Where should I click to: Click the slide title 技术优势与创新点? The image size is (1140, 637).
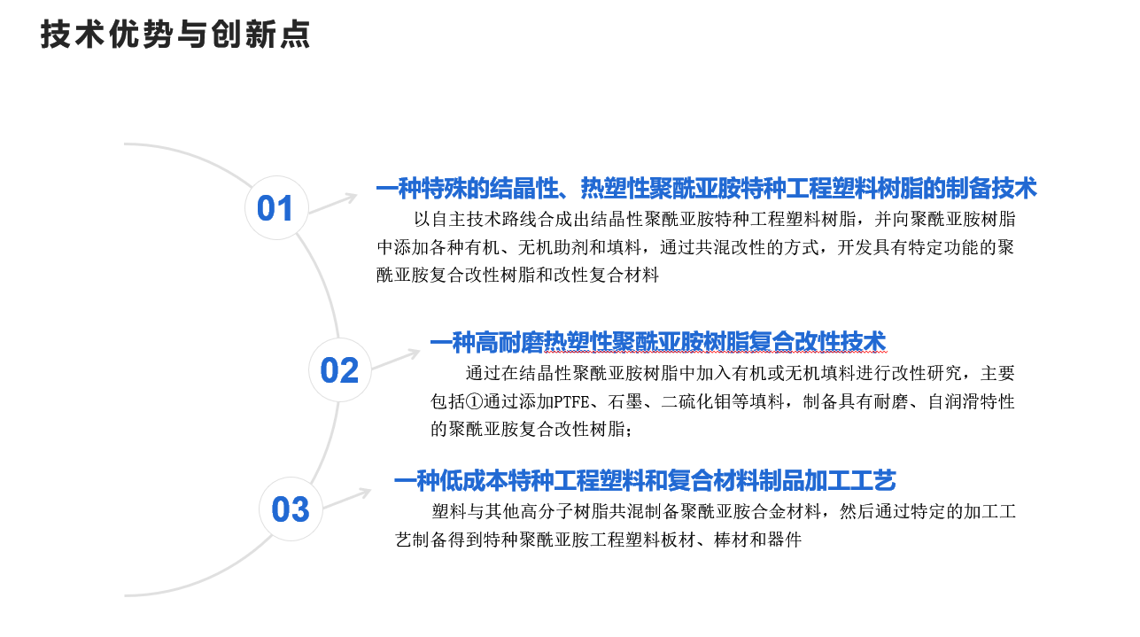point(175,35)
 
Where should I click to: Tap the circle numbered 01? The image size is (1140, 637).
point(276,207)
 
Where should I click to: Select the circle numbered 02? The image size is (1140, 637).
point(340,369)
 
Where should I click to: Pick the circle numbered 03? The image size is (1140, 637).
point(291,509)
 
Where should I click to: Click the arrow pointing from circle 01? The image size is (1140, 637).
point(333,204)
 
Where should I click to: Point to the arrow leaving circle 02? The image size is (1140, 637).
point(396,359)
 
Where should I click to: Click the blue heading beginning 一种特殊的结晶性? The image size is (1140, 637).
point(706,188)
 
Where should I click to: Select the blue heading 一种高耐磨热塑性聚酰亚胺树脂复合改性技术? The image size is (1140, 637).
point(658,342)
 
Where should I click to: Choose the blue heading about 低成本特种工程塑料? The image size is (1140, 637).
point(646,480)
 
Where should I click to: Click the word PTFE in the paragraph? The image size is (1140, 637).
point(571,402)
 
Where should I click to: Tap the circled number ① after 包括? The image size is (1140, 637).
point(474,401)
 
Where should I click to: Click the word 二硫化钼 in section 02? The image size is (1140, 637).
point(696,401)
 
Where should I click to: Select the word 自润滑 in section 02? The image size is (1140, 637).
point(954,401)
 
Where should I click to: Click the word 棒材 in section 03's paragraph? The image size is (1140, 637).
point(732,540)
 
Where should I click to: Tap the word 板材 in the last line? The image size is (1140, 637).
point(679,540)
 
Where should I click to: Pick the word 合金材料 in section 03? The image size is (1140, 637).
point(786,511)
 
